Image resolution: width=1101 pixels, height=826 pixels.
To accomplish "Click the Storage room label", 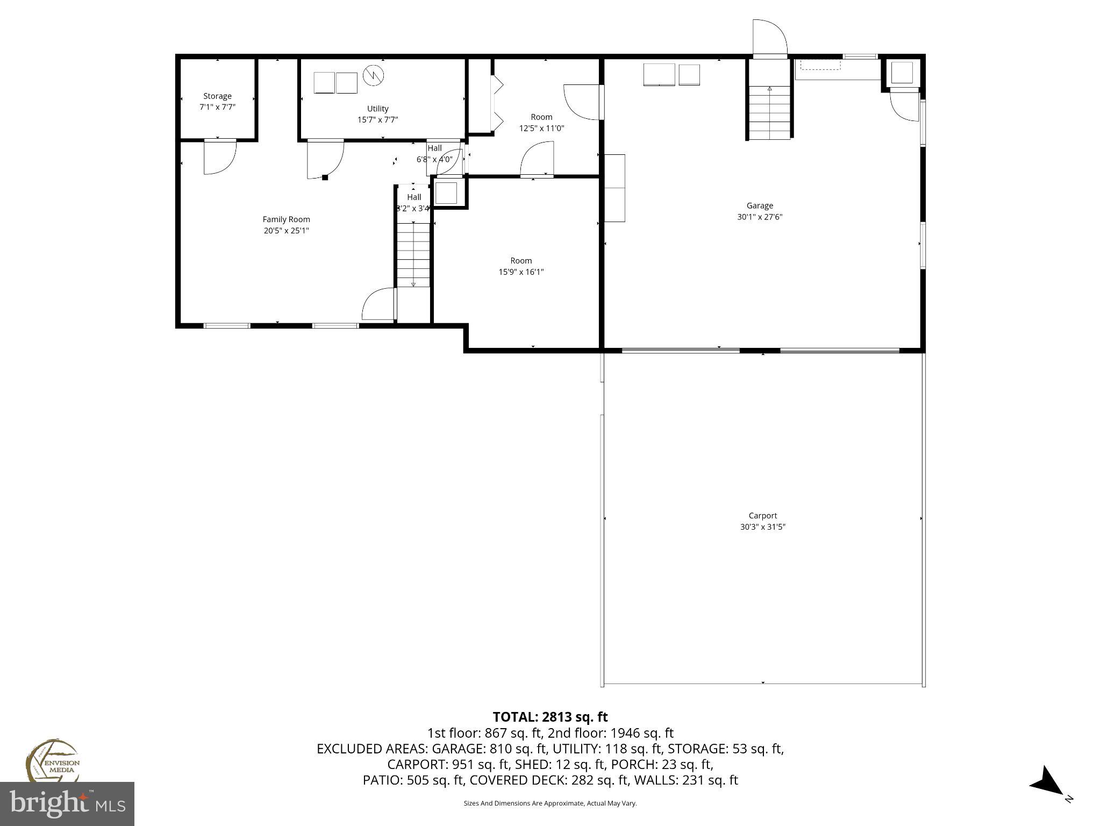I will (x=217, y=96).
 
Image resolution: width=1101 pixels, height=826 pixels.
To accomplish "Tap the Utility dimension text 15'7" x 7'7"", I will (x=377, y=120).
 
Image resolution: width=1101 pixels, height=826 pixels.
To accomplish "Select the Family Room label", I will (x=286, y=219).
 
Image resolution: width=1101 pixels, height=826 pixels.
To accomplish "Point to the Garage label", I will (x=759, y=205).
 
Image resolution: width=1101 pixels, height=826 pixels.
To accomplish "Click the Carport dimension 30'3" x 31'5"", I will (x=762, y=527).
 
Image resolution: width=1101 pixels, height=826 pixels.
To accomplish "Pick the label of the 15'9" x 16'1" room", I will (x=521, y=261).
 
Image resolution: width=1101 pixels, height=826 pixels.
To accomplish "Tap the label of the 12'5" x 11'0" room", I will (x=541, y=117).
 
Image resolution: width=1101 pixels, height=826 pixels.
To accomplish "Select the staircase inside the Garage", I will (x=770, y=113).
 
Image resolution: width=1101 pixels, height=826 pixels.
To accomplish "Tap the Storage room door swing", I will (x=219, y=157).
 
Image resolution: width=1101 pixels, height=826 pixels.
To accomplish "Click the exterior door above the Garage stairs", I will (x=770, y=38).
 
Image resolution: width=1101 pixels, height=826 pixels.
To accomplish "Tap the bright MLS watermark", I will (x=67, y=803).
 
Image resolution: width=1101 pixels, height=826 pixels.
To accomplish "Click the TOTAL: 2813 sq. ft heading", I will (x=550, y=717).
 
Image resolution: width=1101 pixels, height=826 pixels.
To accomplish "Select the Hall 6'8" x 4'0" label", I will (x=434, y=154).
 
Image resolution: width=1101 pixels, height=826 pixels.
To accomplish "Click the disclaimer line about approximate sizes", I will (x=550, y=803).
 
